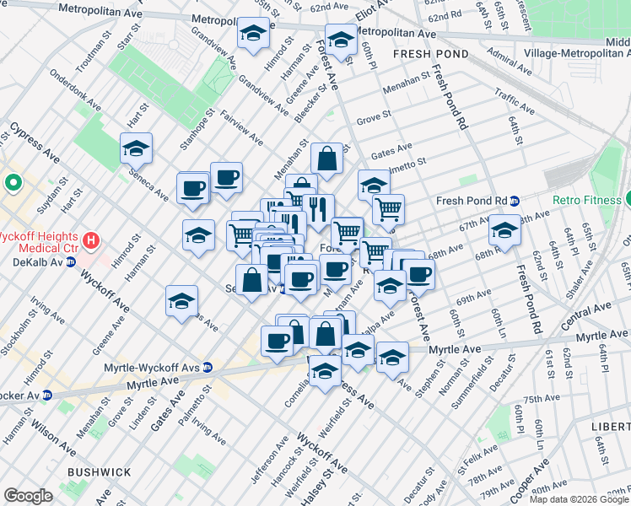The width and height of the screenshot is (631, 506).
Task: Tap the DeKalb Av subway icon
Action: (72, 261)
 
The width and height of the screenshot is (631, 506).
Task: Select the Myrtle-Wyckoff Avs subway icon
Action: (207, 367)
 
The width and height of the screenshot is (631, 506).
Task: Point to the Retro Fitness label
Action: (588, 200)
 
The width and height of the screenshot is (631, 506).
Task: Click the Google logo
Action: (28, 496)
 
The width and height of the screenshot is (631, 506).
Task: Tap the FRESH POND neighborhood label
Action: (426, 54)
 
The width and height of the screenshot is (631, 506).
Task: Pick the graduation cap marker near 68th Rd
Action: (504, 229)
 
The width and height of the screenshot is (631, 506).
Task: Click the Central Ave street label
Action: (584, 319)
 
